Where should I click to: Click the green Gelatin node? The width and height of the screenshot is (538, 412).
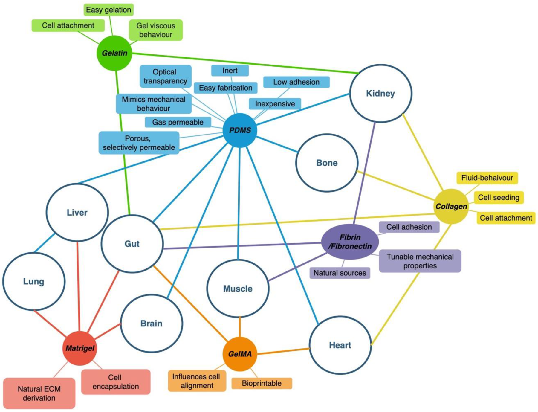(114, 53)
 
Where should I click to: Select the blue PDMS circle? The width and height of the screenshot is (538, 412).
(240, 130)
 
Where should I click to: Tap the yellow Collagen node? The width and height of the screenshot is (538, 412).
(451, 206)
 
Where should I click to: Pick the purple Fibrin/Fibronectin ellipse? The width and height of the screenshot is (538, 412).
(350, 242)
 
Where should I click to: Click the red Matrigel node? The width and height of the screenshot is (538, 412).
(80, 348)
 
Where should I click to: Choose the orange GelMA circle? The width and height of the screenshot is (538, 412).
(240, 354)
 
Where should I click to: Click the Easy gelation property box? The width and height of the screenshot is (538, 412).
(108, 10)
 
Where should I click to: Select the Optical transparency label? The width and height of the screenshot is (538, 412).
(166, 77)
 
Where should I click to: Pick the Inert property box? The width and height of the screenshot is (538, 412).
(230, 71)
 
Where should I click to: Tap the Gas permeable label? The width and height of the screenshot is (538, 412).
(178, 122)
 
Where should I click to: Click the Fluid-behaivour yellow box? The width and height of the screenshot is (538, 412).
(487, 178)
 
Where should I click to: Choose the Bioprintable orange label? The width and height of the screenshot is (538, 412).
(262, 383)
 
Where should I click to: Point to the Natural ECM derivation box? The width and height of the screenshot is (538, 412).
(39, 393)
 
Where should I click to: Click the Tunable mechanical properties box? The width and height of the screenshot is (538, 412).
(420, 261)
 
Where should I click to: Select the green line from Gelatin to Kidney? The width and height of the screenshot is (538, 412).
(245, 63)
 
